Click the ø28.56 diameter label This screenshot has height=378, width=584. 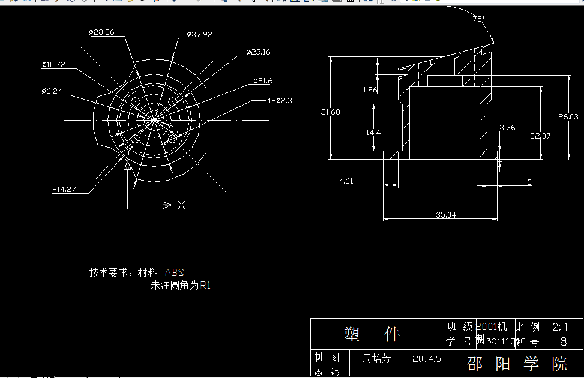pos(101,32)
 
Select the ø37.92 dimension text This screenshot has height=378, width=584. pos(199,35)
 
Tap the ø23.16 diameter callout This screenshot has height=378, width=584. pos(258,52)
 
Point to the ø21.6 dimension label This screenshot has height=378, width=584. pos(263,80)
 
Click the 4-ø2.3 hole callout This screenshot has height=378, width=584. pos(279,100)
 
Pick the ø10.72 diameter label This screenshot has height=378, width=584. pos(53,64)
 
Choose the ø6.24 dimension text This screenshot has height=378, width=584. pos(52,91)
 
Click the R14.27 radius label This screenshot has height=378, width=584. pos(64,189)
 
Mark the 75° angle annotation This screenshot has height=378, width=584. pos(478,19)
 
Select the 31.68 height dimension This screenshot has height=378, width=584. pos(331,112)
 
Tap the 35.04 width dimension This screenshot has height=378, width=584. pos(445,214)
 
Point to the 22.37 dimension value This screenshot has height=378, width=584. pos(540,136)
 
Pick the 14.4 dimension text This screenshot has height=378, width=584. pos(373,132)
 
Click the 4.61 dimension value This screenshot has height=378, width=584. pos(346,181)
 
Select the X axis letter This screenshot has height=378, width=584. pos(181,205)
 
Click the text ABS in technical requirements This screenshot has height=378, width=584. pos(175,272)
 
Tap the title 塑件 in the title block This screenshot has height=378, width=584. pos(372,334)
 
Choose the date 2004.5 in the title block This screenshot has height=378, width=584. pos(427,359)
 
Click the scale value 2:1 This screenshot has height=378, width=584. pos(561,327)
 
